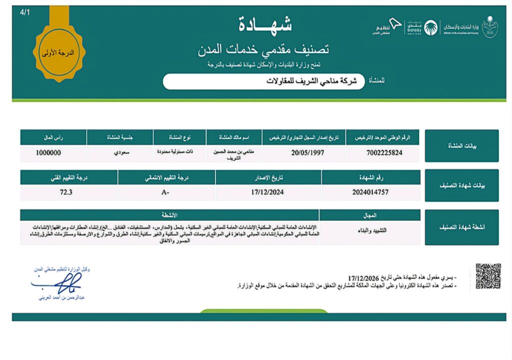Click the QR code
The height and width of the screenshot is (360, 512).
[x=488, y=276]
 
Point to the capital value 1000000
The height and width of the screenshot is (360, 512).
[x=48, y=153]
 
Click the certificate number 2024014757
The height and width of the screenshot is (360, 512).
[x=370, y=192]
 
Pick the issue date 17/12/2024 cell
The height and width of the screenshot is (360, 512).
[x=268, y=192]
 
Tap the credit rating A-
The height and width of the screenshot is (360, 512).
[x=167, y=192]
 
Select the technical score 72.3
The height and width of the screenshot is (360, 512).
[x=65, y=192]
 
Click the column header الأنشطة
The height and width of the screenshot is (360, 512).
[x=169, y=215]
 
